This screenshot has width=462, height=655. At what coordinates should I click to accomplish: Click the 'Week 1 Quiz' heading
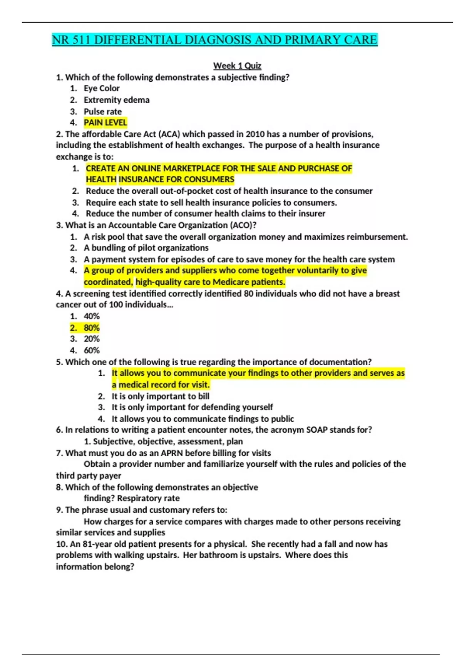tap(237, 66)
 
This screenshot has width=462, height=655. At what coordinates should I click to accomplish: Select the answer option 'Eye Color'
tap(102, 88)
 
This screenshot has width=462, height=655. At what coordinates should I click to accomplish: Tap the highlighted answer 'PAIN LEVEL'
tap(105, 123)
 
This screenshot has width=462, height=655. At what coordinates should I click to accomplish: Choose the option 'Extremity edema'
tap(117, 100)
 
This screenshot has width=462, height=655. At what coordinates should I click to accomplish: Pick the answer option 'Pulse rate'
tap(103, 111)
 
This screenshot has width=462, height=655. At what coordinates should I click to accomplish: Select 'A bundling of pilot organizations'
tap(146, 248)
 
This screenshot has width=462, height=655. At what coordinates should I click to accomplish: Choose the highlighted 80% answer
tap(92, 328)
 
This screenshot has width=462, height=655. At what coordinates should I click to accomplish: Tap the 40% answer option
tap(92, 316)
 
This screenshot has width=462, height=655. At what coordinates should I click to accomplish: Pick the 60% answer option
tap(92, 351)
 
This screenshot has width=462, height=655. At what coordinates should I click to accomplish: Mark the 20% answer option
tap(92, 339)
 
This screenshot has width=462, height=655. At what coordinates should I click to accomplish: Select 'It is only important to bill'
tap(161, 396)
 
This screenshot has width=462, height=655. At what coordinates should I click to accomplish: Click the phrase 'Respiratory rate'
tap(148, 498)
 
